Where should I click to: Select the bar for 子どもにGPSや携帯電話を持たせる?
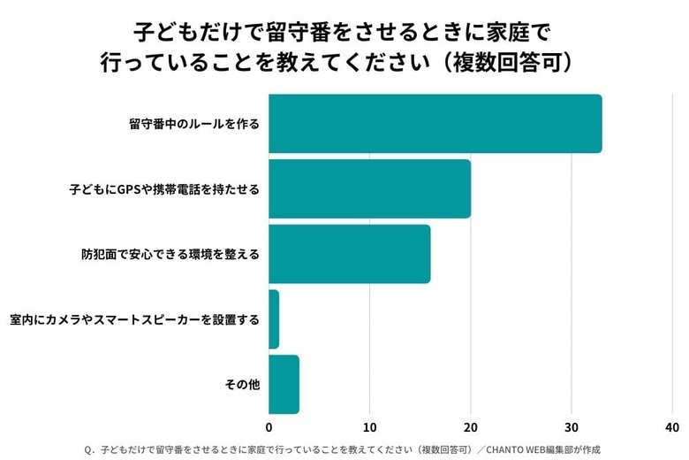(369, 188)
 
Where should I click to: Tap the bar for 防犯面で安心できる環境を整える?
(349, 254)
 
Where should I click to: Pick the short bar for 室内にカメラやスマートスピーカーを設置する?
(274, 319)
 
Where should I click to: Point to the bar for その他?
(284, 385)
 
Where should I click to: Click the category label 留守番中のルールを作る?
(194, 124)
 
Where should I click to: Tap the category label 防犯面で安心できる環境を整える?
(170, 254)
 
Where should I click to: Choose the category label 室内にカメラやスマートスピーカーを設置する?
(135, 319)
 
